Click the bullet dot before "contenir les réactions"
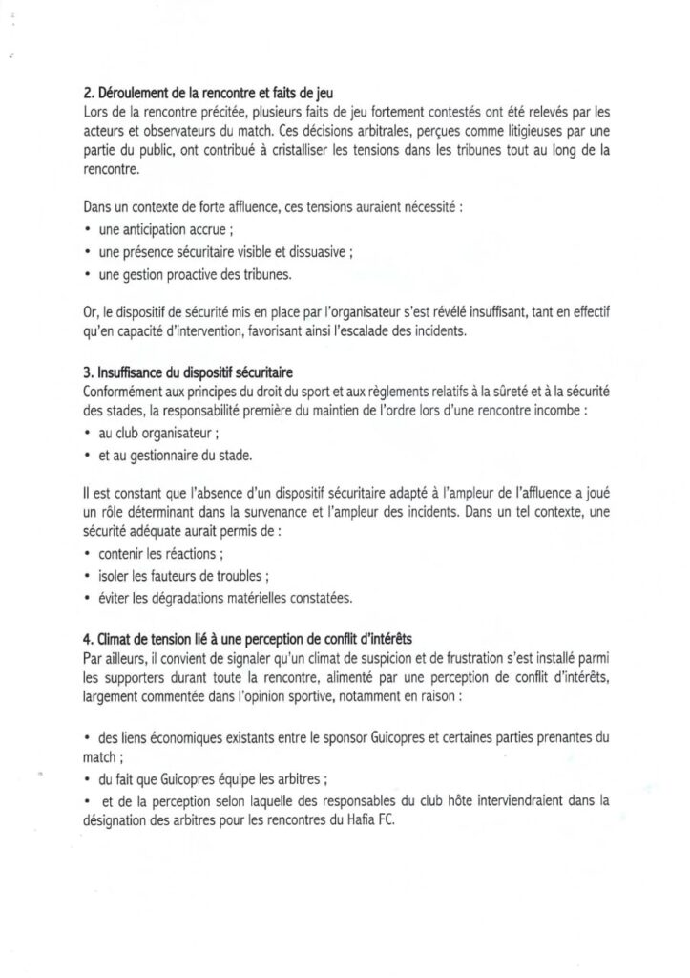[x=88, y=554]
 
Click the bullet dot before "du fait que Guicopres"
[x=88, y=777]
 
